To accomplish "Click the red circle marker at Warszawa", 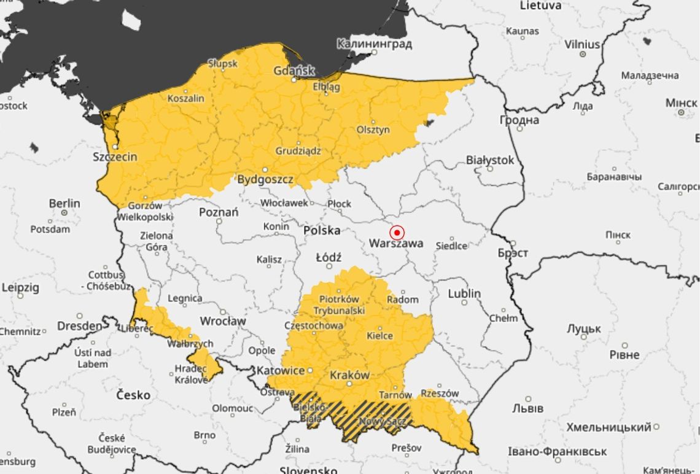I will (x=397, y=233).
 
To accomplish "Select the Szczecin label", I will (x=115, y=157).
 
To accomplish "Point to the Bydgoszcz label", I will (x=265, y=180).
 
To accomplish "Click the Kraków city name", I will (x=349, y=375).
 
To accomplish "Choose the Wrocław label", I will (x=222, y=321).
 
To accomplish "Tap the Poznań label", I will (x=219, y=212).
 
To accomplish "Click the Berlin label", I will (x=64, y=203).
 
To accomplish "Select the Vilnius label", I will (x=582, y=45).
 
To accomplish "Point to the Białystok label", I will (x=489, y=160).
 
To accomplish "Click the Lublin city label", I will (x=464, y=293).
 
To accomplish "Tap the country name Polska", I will (x=322, y=231).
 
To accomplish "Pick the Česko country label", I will (x=133, y=395).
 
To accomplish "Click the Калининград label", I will (x=374, y=44).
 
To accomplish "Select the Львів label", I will (x=528, y=408).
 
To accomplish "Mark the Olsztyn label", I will (x=373, y=130).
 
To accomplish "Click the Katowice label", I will (x=280, y=371).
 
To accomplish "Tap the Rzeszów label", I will (x=440, y=393).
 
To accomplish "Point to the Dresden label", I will (x=80, y=325).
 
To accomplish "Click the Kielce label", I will (x=379, y=336).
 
